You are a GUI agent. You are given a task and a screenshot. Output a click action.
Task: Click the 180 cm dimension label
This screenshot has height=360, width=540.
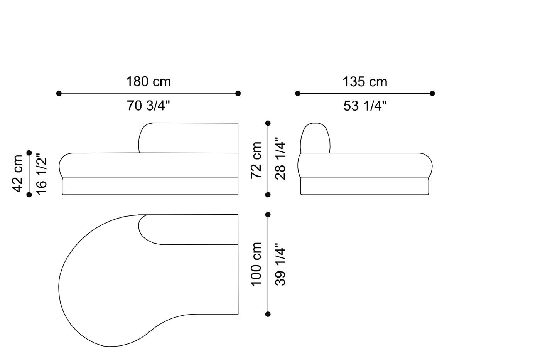[x=148, y=82]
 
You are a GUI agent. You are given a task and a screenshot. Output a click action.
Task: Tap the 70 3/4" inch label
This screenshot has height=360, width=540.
[x=148, y=106]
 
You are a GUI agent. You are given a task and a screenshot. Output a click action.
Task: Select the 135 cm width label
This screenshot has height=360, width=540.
[x=365, y=82]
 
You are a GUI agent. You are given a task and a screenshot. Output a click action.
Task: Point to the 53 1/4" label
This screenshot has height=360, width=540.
[x=365, y=106]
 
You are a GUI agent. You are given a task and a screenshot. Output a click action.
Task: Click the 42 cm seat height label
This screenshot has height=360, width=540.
[x=17, y=174]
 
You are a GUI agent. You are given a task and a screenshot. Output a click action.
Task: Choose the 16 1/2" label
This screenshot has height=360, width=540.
[x=42, y=174]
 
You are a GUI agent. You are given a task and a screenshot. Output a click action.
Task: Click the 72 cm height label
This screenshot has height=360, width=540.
[x=256, y=160]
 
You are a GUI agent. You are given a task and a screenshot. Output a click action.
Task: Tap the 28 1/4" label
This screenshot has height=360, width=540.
[x=280, y=159]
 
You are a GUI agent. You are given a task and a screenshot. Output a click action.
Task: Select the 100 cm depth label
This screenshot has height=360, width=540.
[x=256, y=264]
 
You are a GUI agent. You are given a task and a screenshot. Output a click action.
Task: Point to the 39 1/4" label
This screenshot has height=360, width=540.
[x=280, y=264]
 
